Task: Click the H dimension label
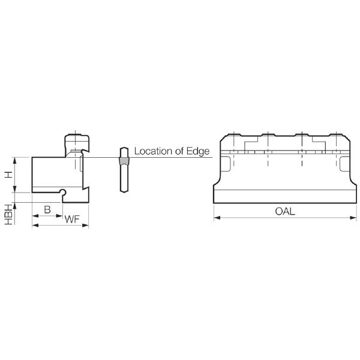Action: [8, 175]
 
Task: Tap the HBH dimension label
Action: [8, 215]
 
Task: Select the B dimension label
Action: [47, 209]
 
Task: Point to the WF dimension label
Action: [72, 219]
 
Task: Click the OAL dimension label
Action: [285, 211]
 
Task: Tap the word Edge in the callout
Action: [198, 152]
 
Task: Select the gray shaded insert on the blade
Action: [124, 161]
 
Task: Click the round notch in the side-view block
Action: [62, 192]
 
